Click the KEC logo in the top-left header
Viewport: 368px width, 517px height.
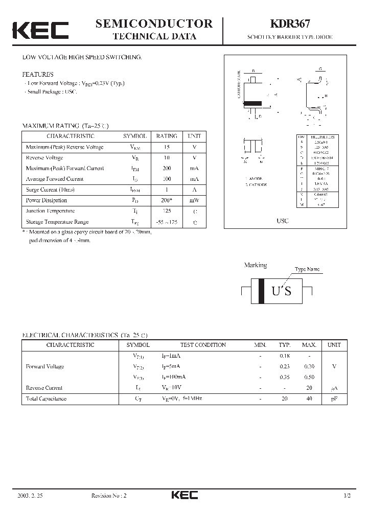point(40,30)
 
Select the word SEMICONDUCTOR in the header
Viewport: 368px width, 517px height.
point(154,24)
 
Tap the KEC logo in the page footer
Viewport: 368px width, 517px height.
point(184,495)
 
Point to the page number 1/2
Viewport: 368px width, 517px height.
point(348,496)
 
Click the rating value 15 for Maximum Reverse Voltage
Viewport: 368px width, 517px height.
point(167,147)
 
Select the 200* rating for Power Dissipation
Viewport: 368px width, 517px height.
point(167,200)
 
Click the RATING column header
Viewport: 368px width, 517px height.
point(167,136)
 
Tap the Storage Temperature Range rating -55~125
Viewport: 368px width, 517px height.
point(167,222)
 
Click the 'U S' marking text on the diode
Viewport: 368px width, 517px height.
point(281,291)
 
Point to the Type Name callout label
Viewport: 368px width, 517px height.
point(307,269)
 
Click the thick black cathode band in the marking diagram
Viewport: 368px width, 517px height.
point(262,291)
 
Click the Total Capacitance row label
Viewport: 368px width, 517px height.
point(46,398)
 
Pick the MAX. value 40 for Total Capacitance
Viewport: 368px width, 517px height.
point(309,398)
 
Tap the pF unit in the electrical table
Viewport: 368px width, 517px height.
point(334,398)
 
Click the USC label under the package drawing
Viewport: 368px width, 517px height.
point(283,221)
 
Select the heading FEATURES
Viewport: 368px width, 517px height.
point(38,74)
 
